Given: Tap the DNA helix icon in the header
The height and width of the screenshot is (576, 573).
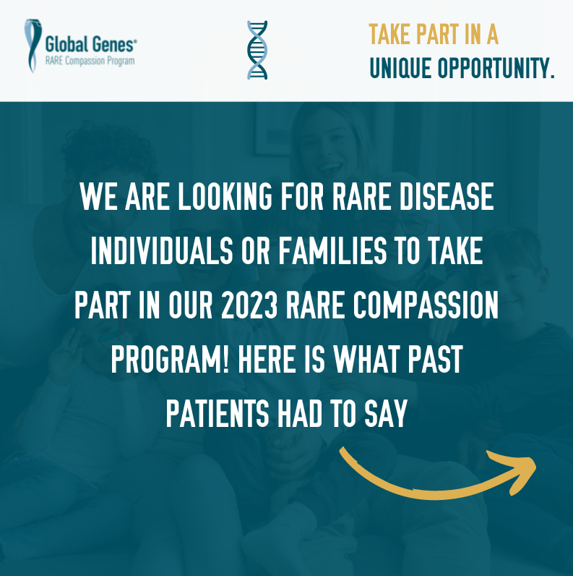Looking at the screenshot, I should (x=257, y=49).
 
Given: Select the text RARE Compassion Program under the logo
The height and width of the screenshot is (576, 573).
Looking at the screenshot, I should (x=90, y=61).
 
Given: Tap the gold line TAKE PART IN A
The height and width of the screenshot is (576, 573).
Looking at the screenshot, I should (x=434, y=34).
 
